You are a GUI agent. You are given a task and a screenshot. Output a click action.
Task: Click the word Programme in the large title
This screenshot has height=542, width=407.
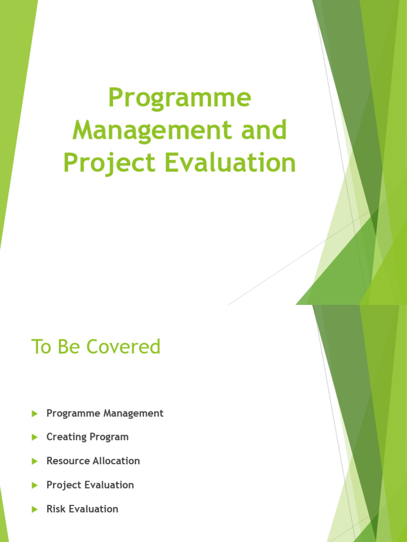[x=180, y=99]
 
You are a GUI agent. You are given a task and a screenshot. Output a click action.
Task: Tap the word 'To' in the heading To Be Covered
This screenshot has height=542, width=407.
[x=41, y=347]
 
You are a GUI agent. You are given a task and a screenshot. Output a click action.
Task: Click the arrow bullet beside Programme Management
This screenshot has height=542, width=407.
[x=35, y=413]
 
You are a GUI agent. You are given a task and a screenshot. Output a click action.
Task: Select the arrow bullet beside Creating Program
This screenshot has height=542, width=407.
[x=35, y=437]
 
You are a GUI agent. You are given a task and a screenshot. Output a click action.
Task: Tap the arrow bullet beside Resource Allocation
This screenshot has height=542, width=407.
[x=35, y=461]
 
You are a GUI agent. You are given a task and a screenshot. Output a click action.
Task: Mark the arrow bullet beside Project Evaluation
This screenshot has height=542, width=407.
[x=35, y=485]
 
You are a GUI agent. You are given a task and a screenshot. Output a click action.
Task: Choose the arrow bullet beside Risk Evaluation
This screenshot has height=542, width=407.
[x=35, y=509]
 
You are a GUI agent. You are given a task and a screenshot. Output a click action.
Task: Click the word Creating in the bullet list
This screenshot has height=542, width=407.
[x=66, y=437]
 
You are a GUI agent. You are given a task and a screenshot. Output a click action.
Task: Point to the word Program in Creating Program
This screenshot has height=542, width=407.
[x=109, y=437]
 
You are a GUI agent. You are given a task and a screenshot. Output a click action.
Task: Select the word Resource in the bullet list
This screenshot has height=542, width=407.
[x=68, y=461]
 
